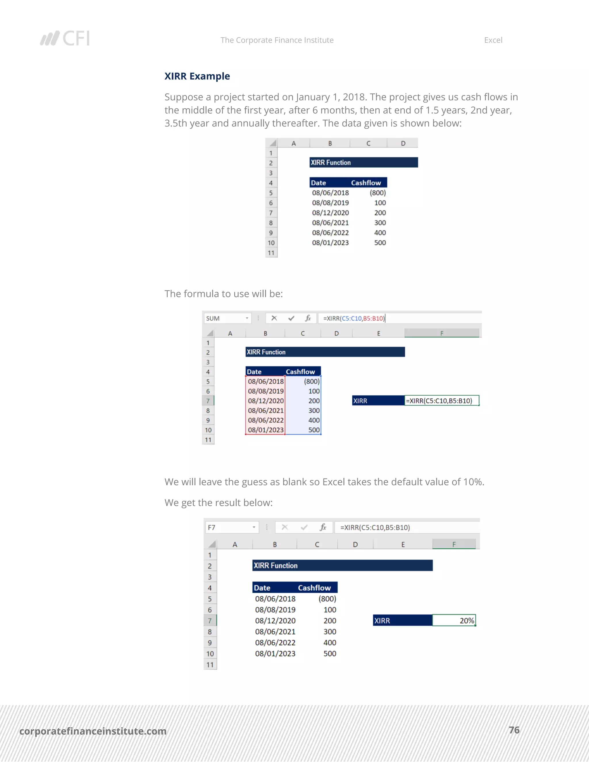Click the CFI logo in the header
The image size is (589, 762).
point(65,38)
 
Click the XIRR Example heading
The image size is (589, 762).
point(197,76)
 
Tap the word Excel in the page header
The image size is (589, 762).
point(493,40)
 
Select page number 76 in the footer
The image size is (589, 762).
point(514,730)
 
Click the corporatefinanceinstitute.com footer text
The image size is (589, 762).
point(93,731)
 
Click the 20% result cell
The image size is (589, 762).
point(454,620)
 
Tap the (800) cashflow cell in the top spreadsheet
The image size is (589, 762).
point(377,193)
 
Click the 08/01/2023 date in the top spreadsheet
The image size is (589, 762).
point(330,242)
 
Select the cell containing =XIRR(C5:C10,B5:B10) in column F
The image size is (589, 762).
point(441,401)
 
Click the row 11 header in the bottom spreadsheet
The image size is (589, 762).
point(210,664)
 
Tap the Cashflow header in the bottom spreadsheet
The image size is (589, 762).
point(314,587)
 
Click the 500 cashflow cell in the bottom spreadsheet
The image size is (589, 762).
point(329,654)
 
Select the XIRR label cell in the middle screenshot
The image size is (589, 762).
point(378,401)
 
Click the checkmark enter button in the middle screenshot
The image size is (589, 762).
point(291,318)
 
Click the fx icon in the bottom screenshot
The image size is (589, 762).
point(323,527)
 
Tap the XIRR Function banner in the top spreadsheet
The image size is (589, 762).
point(363,162)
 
